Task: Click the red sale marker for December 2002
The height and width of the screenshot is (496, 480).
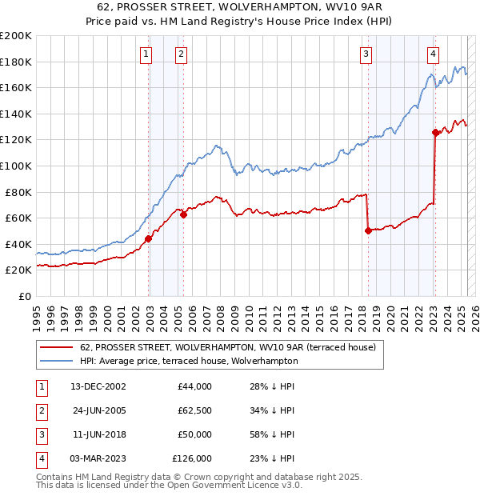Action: (149, 238)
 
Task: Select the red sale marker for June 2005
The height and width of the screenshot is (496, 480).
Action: (184, 214)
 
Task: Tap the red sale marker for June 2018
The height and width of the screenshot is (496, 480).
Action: (368, 230)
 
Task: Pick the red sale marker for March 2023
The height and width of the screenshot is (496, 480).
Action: (435, 132)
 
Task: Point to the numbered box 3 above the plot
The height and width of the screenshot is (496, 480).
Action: (366, 54)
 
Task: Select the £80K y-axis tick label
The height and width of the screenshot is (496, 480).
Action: (19, 192)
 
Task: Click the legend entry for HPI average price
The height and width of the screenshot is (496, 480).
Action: (189, 361)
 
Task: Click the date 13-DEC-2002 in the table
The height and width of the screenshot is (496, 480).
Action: (98, 386)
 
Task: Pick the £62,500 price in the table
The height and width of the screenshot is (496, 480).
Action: (192, 411)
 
